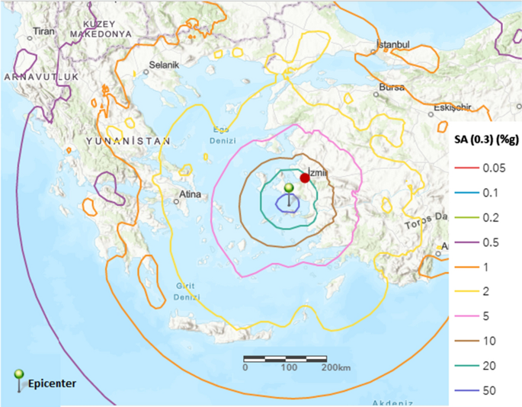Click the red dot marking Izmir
(x=305, y=178)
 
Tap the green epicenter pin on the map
(x=289, y=188)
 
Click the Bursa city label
(x=392, y=88)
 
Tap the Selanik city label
(x=163, y=66)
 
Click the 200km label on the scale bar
(x=335, y=367)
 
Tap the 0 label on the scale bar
(x=245, y=367)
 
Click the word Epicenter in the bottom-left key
(x=53, y=383)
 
